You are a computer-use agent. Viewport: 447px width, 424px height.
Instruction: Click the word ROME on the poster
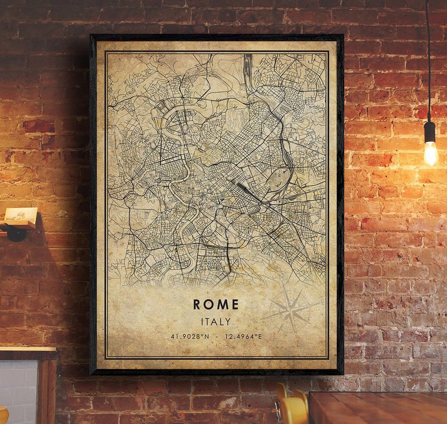click(216, 304)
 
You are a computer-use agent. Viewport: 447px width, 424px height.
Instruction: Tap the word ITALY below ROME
click(216, 321)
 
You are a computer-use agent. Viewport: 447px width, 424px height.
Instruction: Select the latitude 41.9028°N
click(190, 336)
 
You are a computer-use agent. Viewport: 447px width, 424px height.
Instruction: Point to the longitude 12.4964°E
click(243, 336)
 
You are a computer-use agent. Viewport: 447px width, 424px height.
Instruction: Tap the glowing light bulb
click(430, 153)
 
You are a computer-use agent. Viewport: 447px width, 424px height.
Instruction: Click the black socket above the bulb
click(430, 132)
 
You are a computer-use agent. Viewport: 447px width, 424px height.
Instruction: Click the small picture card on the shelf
click(21, 215)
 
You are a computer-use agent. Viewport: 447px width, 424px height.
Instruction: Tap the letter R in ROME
click(197, 304)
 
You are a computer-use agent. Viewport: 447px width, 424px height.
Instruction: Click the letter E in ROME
click(235, 304)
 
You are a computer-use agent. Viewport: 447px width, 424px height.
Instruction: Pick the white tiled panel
click(19, 389)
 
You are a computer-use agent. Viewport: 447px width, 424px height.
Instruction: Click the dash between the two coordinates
click(217, 336)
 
